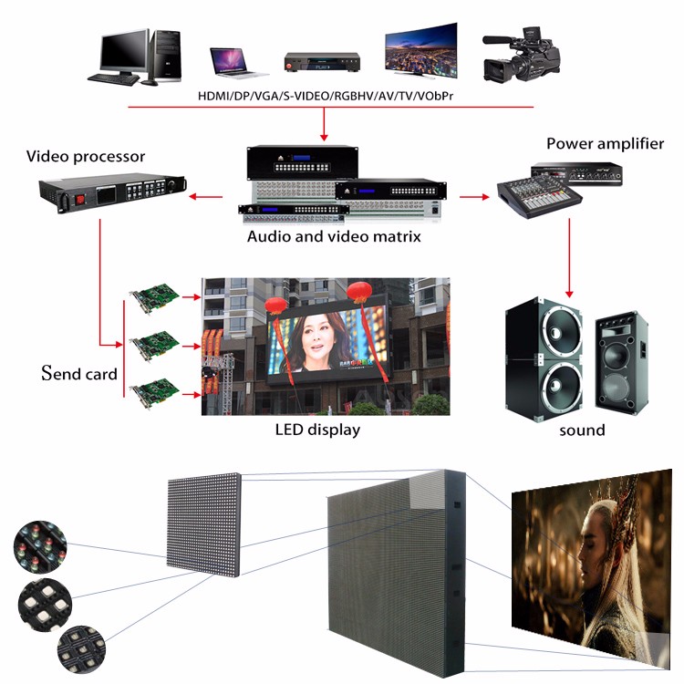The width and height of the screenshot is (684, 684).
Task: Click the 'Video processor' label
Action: [86, 157]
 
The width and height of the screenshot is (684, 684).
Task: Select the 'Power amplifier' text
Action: [605, 144]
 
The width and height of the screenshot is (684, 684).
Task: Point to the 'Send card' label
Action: [79, 373]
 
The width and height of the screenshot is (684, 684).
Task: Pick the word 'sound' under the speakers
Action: [582, 430]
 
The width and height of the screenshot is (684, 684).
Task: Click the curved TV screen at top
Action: [420, 49]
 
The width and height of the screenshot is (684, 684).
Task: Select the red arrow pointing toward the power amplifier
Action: [472, 195]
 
